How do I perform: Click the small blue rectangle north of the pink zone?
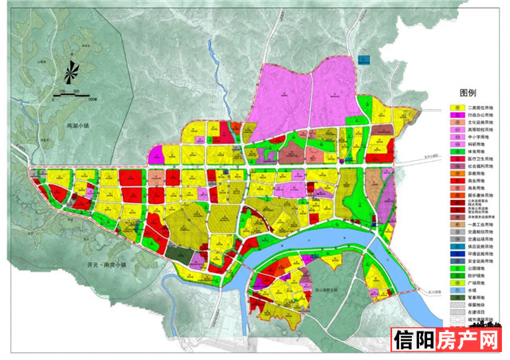(x=364, y=59)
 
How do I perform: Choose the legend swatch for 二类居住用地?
(x=456, y=108)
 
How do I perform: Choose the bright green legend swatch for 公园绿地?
(x=456, y=276)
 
